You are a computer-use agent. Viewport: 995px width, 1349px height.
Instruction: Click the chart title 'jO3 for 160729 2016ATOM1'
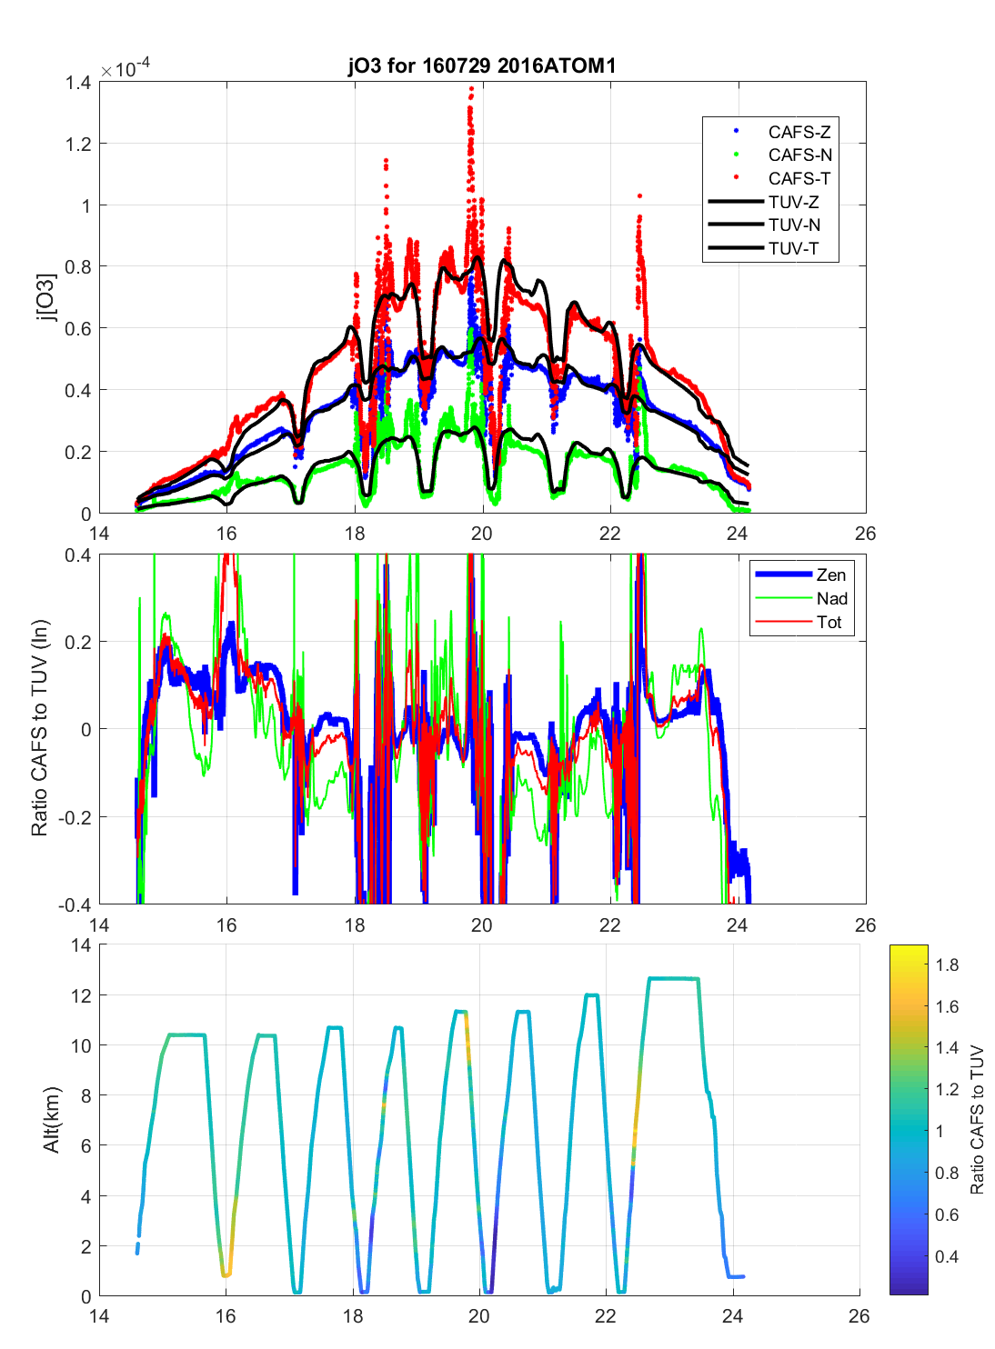[482, 65]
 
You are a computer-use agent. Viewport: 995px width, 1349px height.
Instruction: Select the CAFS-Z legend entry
[799, 132]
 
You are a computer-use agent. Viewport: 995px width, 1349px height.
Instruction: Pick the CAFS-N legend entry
[799, 155]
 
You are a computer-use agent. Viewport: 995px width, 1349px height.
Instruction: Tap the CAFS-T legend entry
[799, 179]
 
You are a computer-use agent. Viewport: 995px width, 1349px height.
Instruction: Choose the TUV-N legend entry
[794, 225]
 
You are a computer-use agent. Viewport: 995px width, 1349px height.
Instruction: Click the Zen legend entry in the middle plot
[830, 575]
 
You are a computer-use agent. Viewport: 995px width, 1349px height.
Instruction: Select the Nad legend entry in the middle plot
[831, 598]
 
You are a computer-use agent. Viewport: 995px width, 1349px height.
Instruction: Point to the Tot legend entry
[829, 622]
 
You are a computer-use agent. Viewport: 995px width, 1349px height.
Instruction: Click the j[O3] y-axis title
[45, 297]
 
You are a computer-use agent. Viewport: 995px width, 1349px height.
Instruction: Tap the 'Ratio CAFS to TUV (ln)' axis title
[39, 728]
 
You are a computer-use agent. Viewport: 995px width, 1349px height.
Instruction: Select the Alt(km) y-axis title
[51, 1119]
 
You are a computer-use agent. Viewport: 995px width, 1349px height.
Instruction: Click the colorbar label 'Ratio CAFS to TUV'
[977, 1119]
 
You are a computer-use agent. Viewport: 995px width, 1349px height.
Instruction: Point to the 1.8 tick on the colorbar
[947, 965]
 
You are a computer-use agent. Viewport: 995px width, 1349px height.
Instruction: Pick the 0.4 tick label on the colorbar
[947, 1257]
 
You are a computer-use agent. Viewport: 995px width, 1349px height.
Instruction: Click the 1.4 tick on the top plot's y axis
[78, 83]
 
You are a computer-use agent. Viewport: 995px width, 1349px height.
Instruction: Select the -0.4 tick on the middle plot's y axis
[75, 904]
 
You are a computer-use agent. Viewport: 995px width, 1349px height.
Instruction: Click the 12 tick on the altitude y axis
[80, 995]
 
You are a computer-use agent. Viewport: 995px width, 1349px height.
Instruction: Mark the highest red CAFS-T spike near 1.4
[470, 89]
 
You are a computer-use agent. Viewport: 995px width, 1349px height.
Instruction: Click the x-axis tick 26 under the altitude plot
[859, 1315]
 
